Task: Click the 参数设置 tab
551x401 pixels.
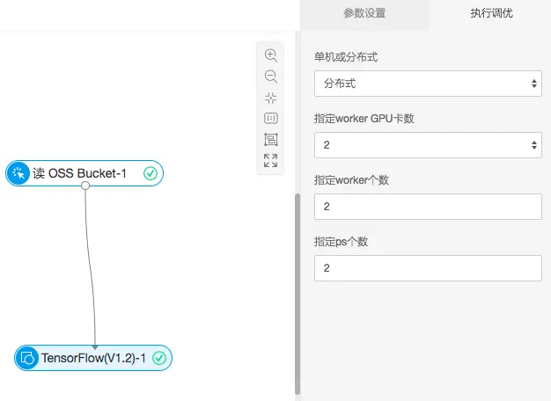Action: point(364,13)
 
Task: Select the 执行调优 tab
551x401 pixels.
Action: point(491,13)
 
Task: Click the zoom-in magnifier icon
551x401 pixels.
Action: point(271,55)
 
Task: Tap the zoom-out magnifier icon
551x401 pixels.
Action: point(271,76)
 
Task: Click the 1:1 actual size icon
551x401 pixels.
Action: point(271,118)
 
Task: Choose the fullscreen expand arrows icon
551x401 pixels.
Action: point(271,160)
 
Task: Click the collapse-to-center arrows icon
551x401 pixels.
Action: point(271,97)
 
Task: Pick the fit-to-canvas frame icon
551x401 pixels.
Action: point(271,139)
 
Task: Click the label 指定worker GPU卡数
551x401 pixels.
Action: point(364,119)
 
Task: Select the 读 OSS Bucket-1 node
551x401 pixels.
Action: point(79,173)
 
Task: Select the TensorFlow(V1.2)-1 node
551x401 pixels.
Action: point(92,358)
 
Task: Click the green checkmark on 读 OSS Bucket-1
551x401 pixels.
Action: point(150,173)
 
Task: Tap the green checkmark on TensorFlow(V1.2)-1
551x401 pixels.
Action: point(159,358)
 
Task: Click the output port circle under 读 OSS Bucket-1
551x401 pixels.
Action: point(84,186)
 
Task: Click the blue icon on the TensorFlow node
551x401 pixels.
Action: point(27,358)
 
